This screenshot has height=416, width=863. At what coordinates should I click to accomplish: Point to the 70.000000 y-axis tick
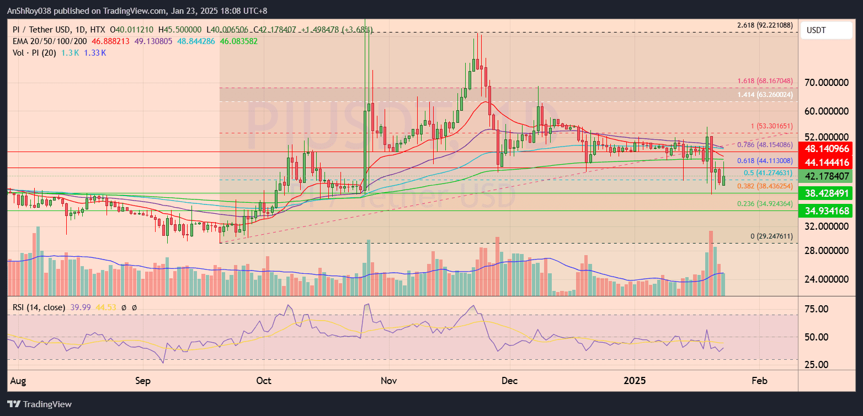(x=826, y=83)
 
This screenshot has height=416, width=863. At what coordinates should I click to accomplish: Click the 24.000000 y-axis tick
(x=826, y=279)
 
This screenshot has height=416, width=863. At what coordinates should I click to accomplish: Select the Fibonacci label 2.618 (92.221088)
(x=765, y=25)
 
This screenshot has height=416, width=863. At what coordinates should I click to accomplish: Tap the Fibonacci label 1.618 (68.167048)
(x=765, y=81)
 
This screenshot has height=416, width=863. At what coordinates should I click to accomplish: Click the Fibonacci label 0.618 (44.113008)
(x=765, y=161)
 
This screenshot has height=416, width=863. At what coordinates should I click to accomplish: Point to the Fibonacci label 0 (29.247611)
(x=771, y=236)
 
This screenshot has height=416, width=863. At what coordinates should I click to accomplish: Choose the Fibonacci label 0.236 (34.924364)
(x=765, y=204)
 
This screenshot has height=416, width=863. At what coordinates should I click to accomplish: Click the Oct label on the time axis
(x=264, y=381)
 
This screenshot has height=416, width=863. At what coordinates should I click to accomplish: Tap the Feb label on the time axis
(x=760, y=381)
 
